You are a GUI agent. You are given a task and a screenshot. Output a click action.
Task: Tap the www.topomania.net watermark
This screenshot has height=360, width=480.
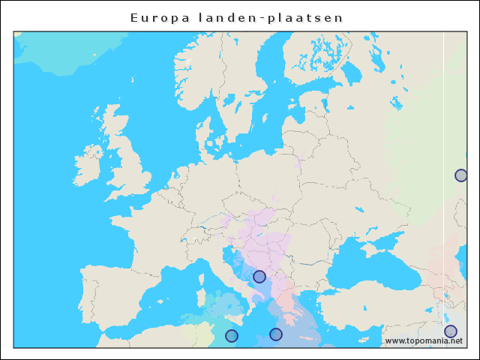[423, 340]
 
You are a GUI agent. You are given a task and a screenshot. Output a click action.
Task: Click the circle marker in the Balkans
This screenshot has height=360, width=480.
[259, 277]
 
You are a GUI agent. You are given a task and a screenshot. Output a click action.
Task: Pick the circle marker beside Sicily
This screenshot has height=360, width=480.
[232, 336]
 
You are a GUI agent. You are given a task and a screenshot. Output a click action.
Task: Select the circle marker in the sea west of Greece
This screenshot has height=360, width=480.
[276, 334]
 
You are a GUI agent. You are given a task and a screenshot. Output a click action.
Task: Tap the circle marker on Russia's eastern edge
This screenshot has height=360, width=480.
[460, 175]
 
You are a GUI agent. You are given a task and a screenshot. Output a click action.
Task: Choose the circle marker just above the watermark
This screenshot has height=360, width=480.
[450, 331]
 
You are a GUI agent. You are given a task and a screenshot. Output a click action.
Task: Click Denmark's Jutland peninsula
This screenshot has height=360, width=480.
[209, 135]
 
